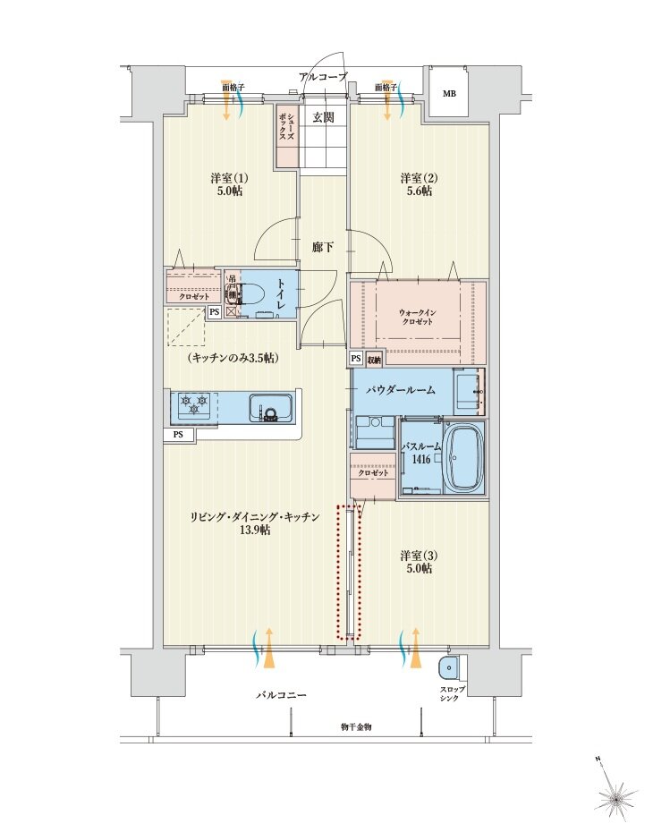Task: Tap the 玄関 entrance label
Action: [324, 115]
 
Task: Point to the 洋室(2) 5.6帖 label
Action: [416, 183]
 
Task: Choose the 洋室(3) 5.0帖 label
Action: [416, 562]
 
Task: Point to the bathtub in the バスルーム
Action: [462, 458]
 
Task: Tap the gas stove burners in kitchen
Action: [194, 405]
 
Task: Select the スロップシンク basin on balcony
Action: [450, 667]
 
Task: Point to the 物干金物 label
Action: [355, 727]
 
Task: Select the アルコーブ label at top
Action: [323, 78]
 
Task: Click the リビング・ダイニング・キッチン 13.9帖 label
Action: [254, 523]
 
